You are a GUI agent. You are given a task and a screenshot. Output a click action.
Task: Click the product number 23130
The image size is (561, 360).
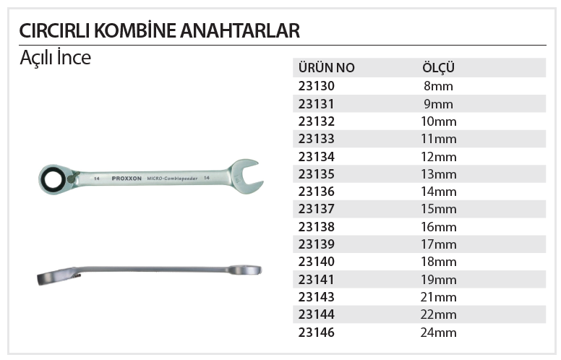(x=317, y=86)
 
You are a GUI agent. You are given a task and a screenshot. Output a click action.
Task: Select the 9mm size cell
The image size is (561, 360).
(x=438, y=103)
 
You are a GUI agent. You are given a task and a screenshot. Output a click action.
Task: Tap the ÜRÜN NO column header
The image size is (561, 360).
(x=326, y=69)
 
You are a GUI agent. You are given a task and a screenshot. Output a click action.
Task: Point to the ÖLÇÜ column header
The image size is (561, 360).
(x=437, y=69)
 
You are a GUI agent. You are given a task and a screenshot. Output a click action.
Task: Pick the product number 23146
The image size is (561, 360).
(x=317, y=333)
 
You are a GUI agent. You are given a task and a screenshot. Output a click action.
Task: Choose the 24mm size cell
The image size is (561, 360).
(x=438, y=333)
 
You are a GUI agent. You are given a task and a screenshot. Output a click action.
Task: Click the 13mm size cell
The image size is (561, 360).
(x=438, y=174)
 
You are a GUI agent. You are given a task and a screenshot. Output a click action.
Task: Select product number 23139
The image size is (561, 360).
(x=317, y=244)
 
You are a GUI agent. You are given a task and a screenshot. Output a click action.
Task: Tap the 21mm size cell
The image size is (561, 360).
(x=438, y=297)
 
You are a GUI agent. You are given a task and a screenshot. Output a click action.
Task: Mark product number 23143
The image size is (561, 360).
(x=317, y=297)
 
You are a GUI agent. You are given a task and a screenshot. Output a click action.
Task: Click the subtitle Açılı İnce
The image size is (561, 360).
(x=55, y=59)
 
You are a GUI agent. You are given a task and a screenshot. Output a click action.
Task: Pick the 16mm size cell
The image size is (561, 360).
(x=438, y=227)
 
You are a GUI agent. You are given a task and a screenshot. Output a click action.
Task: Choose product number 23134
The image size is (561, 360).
(x=317, y=156)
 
